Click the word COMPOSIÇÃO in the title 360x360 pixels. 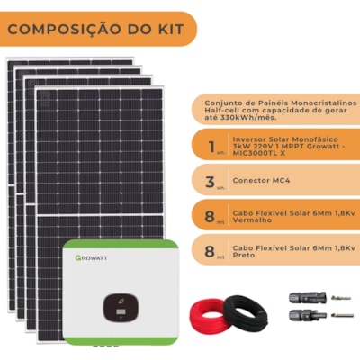64,29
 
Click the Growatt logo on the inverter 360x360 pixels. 91,257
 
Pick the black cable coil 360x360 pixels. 246,312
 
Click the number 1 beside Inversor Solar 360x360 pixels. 212,147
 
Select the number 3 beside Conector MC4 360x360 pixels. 211,182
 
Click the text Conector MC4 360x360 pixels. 261,181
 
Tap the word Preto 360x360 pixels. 244,256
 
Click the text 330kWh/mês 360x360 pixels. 248,117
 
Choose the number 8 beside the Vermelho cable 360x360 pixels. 210,216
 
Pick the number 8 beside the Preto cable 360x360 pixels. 210,251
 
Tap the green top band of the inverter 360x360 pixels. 121,244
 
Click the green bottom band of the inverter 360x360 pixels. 121,341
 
